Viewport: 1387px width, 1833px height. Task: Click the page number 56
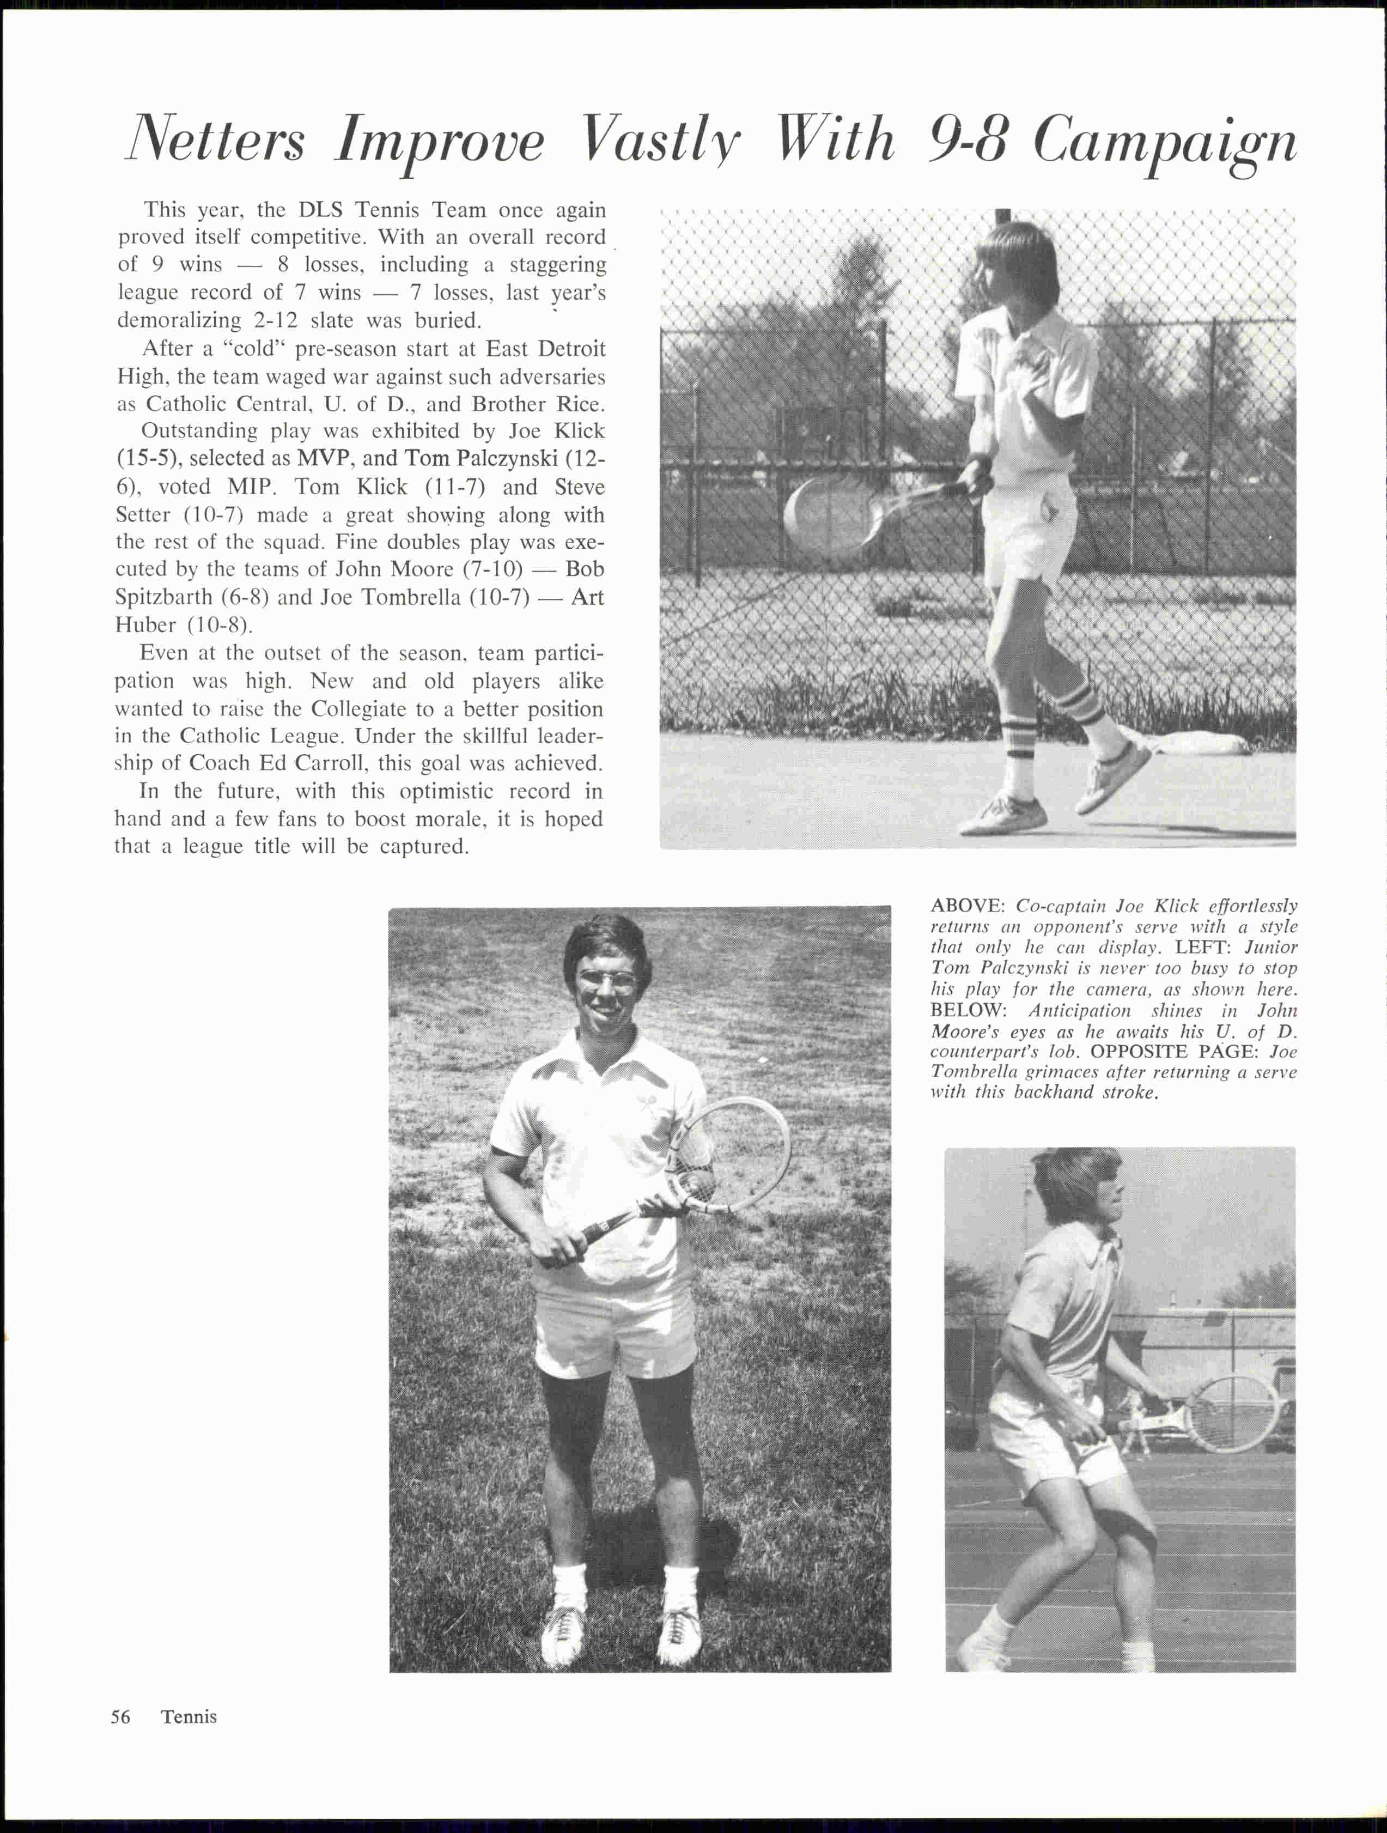click(121, 1716)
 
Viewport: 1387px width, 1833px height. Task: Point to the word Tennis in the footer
click(189, 1716)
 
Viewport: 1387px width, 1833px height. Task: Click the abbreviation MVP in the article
click(325, 458)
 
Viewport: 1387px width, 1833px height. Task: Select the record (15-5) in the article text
click(146, 458)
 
